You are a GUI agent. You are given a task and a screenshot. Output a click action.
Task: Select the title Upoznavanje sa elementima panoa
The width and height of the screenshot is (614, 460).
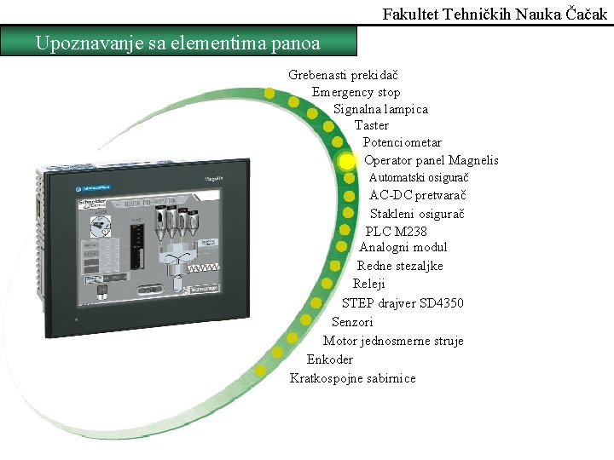(178, 43)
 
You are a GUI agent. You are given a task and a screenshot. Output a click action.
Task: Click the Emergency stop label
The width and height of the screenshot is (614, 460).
(356, 92)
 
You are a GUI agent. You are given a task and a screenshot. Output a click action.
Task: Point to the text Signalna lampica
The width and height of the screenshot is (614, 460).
(380, 109)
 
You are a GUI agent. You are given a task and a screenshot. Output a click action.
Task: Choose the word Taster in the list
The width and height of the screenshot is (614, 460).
(372, 125)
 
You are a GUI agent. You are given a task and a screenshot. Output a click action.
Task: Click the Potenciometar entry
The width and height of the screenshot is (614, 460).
(403, 142)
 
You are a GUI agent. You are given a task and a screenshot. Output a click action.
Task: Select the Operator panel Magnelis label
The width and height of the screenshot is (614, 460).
(431, 160)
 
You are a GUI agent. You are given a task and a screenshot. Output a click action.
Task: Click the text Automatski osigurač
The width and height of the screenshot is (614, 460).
(419, 177)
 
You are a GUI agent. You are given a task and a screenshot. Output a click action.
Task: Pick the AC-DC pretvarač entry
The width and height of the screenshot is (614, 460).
(418, 195)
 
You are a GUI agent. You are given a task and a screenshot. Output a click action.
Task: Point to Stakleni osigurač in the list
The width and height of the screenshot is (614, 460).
(417, 213)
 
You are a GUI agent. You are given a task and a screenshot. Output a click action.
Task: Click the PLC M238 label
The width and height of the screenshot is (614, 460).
(397, 231)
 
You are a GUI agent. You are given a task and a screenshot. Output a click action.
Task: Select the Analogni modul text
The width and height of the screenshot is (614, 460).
(403, 247)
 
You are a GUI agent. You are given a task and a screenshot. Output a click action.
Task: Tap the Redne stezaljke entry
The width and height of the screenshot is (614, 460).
(400, 266)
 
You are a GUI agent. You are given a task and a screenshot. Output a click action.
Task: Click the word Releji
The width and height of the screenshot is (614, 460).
(369, 284)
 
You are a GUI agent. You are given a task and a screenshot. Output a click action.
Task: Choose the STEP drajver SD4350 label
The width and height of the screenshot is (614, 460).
(403, 302)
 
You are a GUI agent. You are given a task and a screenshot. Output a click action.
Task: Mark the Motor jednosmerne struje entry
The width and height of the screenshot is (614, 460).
(393, 341)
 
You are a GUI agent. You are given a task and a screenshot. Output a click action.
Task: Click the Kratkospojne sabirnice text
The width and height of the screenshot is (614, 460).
(353, 378)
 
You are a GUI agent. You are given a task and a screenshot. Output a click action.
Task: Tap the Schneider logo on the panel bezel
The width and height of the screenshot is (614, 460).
(92, 187)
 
